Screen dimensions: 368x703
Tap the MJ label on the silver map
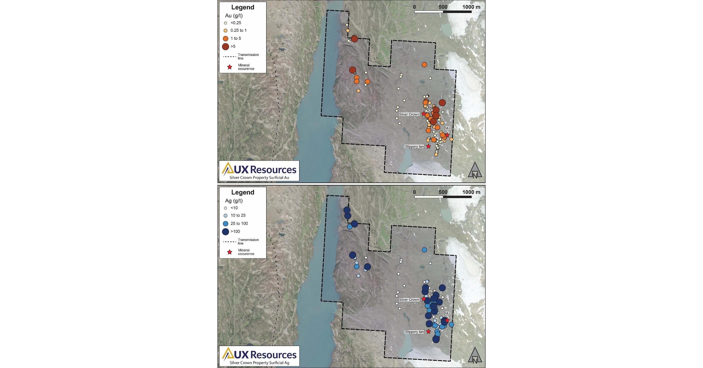447,314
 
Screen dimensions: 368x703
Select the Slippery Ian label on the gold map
414,147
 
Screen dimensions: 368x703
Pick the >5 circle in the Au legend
225,47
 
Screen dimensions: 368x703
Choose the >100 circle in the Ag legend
225,232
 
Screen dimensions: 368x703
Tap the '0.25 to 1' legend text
238,30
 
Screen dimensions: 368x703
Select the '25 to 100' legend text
239,223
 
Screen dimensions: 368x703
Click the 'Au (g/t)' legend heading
234,16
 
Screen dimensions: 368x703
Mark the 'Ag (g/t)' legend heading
234,201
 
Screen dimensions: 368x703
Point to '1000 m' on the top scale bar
471,7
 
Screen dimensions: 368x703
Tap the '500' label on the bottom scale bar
443,192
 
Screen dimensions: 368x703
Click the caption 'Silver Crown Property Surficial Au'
259,178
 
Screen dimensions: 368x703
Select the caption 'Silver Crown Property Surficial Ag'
259,363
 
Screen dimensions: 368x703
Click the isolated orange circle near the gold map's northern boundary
424,65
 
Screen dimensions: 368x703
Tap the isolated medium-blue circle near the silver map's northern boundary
424,250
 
